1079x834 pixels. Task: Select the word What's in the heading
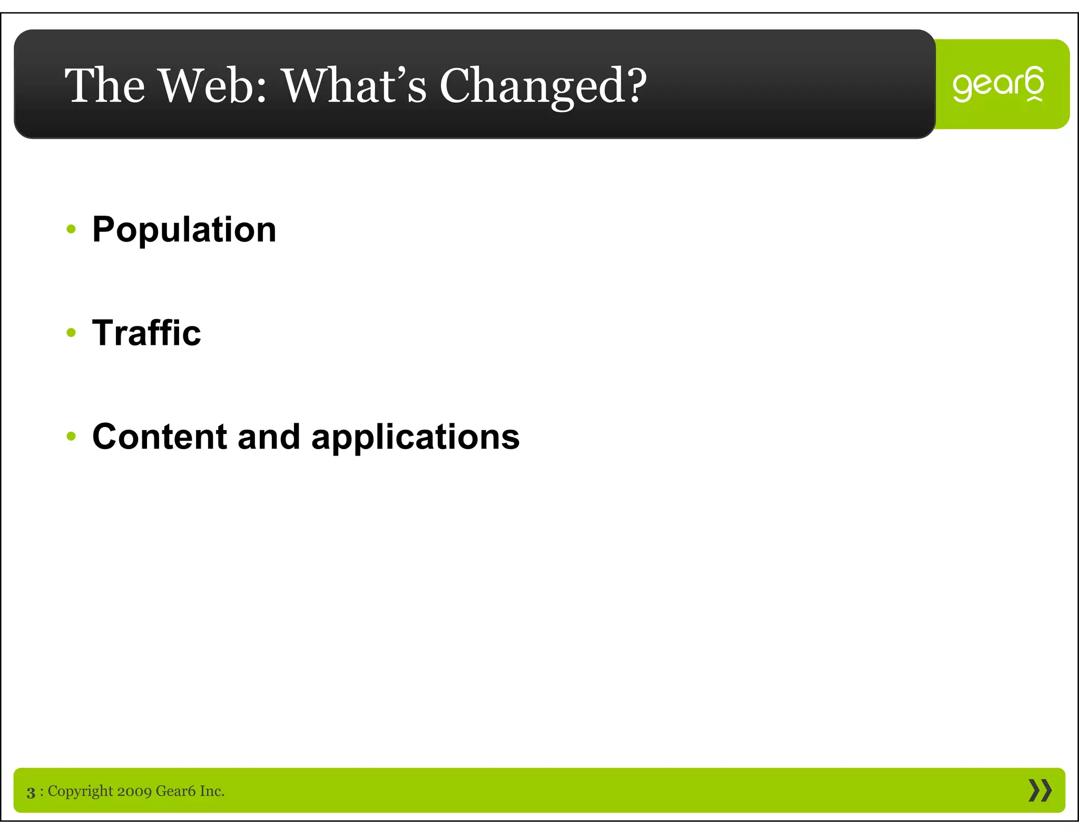coord(355,85)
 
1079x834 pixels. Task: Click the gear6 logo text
coord(998,84)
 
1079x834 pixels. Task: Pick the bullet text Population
coord(184,230)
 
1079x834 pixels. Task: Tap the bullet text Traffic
coord(146,333)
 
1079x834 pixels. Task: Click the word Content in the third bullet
coord(159,437)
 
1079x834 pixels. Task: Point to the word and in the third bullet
coord(269,437)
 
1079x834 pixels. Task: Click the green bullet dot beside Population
coord(72,229)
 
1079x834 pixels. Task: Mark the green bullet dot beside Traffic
coord(72,333)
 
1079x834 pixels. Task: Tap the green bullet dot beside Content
coord(72,437)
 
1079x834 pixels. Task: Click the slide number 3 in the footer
coord(31,792)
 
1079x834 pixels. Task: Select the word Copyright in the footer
coord(80,791)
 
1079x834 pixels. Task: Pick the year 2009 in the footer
coord(134,791)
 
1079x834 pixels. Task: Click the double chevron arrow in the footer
coord(1039,791)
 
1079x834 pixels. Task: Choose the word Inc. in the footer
coord(212,791)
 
